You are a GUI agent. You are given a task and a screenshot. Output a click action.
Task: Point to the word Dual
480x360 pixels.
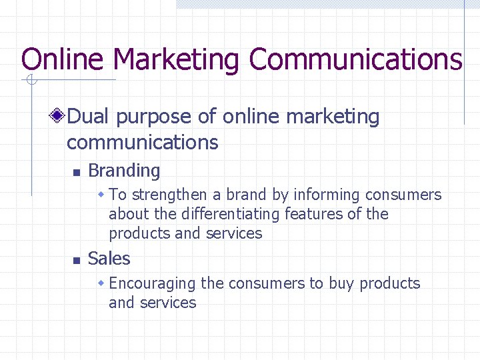click(89, 117)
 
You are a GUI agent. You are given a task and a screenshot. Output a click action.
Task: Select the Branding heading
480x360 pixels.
click(124, 171)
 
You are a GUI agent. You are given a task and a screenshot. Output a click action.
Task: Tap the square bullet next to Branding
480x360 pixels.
click(76, 172)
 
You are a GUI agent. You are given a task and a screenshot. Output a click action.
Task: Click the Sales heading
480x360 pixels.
click(109, 258)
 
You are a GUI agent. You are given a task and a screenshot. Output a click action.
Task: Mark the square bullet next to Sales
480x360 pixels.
click(76, 260)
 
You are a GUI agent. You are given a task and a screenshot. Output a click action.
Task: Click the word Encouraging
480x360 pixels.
click(152, 283)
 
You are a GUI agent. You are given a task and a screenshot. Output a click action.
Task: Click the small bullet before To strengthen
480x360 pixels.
click(101, 195)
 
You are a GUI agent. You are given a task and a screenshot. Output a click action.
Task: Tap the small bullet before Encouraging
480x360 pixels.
click(101, 283)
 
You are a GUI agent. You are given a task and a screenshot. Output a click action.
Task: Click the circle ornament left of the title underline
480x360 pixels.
click(31, 81)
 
